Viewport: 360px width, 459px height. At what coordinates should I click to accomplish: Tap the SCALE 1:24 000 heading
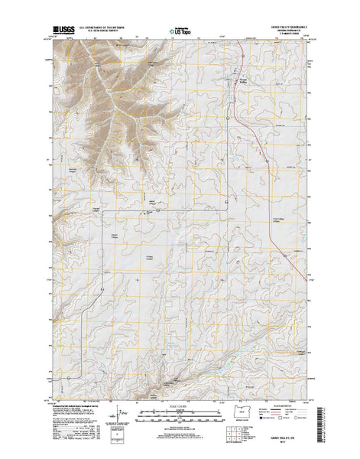pyautogui.click(x=180, y=405)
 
